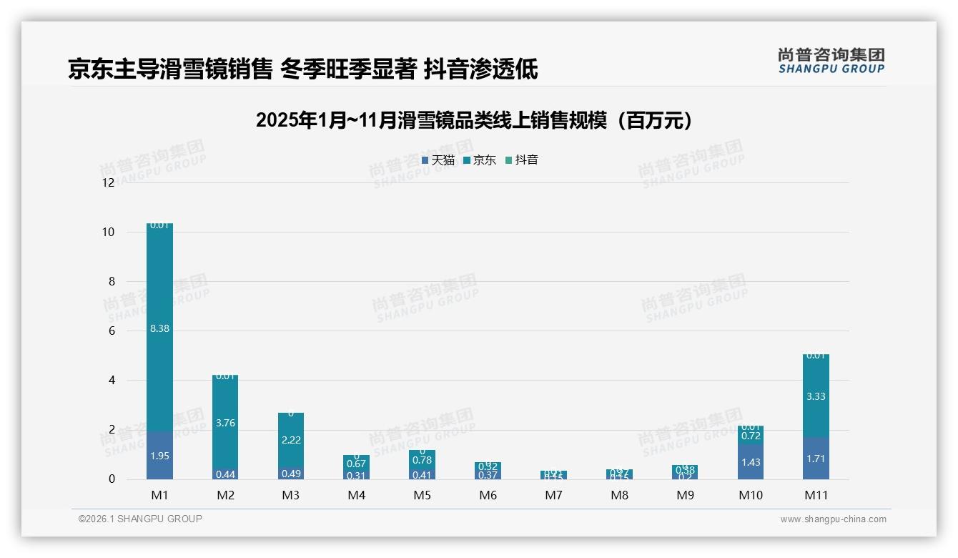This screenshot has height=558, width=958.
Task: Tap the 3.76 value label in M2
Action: (225, 423)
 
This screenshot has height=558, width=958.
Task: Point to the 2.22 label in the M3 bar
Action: (291, 440)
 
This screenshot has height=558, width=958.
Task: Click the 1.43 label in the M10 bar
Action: (751, 462)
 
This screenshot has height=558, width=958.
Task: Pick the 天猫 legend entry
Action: (438, 160)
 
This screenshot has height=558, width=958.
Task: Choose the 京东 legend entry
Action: (480, 160)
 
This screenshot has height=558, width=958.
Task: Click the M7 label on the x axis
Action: (553, 495)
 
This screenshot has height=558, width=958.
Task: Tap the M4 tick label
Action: (356, 495)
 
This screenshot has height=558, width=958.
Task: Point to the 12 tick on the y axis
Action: (108, 182)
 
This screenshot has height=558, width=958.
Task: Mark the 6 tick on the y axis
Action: (111, 331)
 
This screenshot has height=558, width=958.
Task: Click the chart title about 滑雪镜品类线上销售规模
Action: (474, 120)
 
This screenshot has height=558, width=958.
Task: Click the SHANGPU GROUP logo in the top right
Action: (831, 61)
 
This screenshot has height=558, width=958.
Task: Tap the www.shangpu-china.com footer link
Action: (833, 519)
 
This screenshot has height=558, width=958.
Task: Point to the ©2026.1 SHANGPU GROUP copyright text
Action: (140, 519)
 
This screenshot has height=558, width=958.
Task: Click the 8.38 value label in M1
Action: (159, 328)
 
